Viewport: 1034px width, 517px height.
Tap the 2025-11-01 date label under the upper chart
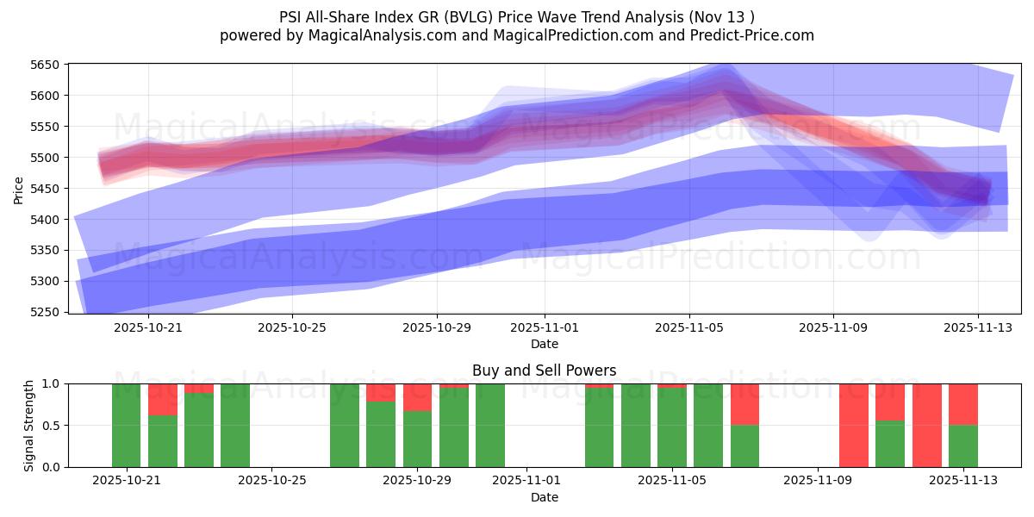click(x=545, y=327)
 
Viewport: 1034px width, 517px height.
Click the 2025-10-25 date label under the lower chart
click(x=271, y=481)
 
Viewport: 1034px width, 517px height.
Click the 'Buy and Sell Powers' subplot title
click(x=544, y=371)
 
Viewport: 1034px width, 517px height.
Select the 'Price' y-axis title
click(x=19, y=189)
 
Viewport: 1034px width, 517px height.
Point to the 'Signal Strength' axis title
click(x=28, y=425)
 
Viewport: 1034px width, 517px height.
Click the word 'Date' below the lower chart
click(x=544, y=497)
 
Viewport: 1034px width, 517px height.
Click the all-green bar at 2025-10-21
click(x=126, y=426)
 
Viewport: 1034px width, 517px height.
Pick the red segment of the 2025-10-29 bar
click(x=417, y=397)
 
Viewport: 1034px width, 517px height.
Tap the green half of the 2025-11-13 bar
click(x=962, y=446)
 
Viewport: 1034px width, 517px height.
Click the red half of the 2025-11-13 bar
click(x=962, y=404)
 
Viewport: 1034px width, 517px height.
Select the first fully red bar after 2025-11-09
click(x=854, y=426)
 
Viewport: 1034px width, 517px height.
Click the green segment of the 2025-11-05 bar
click(x=672, y=428)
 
